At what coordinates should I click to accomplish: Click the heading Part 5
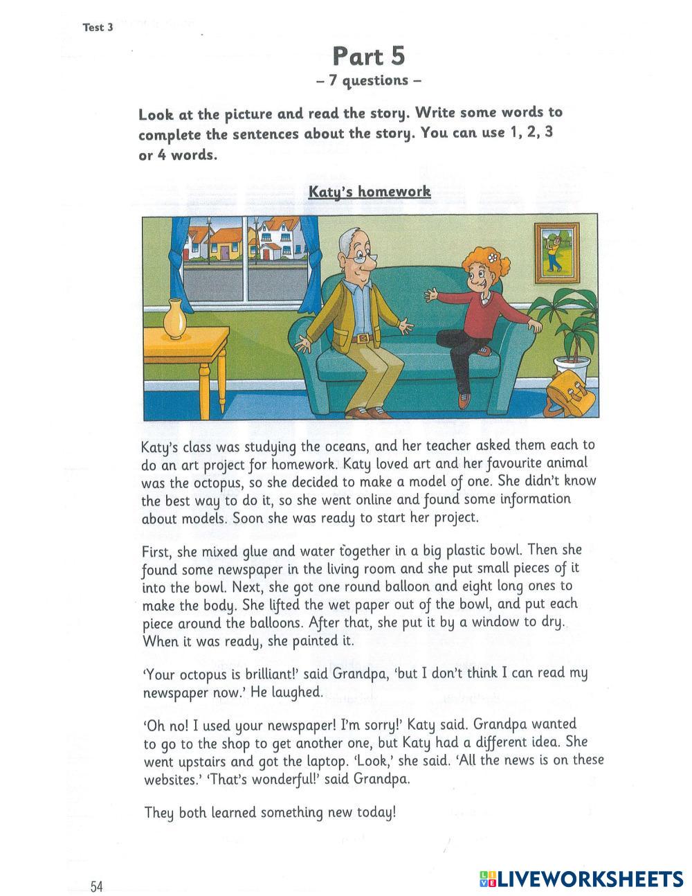[368, 55]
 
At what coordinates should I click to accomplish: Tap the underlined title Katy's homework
[370, 191]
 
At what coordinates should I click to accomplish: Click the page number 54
[96, 886]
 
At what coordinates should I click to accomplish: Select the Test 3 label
[98, 28]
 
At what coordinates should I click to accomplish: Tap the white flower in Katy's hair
[493, 257]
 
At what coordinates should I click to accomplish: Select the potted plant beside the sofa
[570, 325]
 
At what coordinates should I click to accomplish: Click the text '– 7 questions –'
[368, 80]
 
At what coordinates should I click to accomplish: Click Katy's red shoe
[464, 400]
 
